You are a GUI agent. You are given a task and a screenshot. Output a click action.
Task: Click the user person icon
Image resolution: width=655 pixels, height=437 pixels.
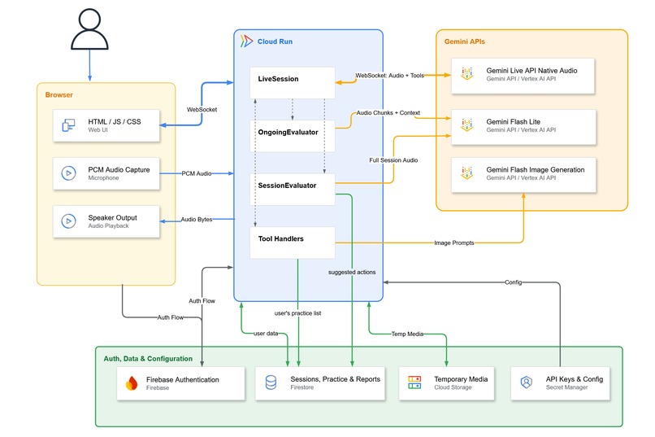click(89, 29)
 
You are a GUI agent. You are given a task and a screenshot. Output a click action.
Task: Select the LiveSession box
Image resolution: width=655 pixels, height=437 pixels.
click(293, 83)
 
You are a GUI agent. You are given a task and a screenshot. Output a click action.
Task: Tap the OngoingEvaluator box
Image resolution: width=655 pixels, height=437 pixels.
click(293, 136)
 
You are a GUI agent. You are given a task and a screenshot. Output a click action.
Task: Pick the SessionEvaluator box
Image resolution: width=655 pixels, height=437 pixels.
click(293, 190)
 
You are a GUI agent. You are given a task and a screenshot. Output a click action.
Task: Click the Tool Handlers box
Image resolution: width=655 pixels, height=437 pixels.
click(293, 243)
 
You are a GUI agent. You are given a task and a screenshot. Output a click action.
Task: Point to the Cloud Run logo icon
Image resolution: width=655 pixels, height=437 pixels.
click(246, 41)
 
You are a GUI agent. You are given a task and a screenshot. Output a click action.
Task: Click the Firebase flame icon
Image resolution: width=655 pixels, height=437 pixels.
click(132, 383)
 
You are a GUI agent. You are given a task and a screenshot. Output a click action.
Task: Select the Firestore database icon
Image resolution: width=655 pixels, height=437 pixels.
click(271, 382)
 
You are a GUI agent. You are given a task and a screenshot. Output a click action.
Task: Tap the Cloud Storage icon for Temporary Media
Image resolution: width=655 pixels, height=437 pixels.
click(414, 382)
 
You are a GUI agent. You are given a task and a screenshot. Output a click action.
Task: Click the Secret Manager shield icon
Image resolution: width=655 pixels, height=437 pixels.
click(527, 382)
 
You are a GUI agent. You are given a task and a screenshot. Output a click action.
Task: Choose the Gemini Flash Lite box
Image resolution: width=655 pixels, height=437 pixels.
click(523, 127)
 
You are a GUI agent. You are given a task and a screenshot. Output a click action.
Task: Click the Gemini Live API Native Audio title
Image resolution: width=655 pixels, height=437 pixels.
click(531, 71)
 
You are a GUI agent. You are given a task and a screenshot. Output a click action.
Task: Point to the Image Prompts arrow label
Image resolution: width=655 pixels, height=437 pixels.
click(454, 243)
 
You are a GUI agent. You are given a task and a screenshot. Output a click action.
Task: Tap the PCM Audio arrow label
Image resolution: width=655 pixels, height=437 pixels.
click(197, 173)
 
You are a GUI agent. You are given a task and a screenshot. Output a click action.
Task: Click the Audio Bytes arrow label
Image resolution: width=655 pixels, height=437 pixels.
click(197, 219)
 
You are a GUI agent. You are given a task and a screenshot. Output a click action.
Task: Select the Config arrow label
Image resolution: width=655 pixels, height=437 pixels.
click(514, 282)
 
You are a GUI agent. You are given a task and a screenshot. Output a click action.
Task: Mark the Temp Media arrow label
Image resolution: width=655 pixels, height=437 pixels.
click(407, 334)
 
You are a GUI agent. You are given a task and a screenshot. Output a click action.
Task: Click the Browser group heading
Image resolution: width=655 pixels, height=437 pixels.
click(59, 95)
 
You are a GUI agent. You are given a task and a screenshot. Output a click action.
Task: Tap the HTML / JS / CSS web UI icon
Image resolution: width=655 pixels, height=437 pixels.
click(68, 125)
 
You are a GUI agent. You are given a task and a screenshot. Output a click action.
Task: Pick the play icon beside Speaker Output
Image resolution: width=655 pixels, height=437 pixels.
click(68, 221)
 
